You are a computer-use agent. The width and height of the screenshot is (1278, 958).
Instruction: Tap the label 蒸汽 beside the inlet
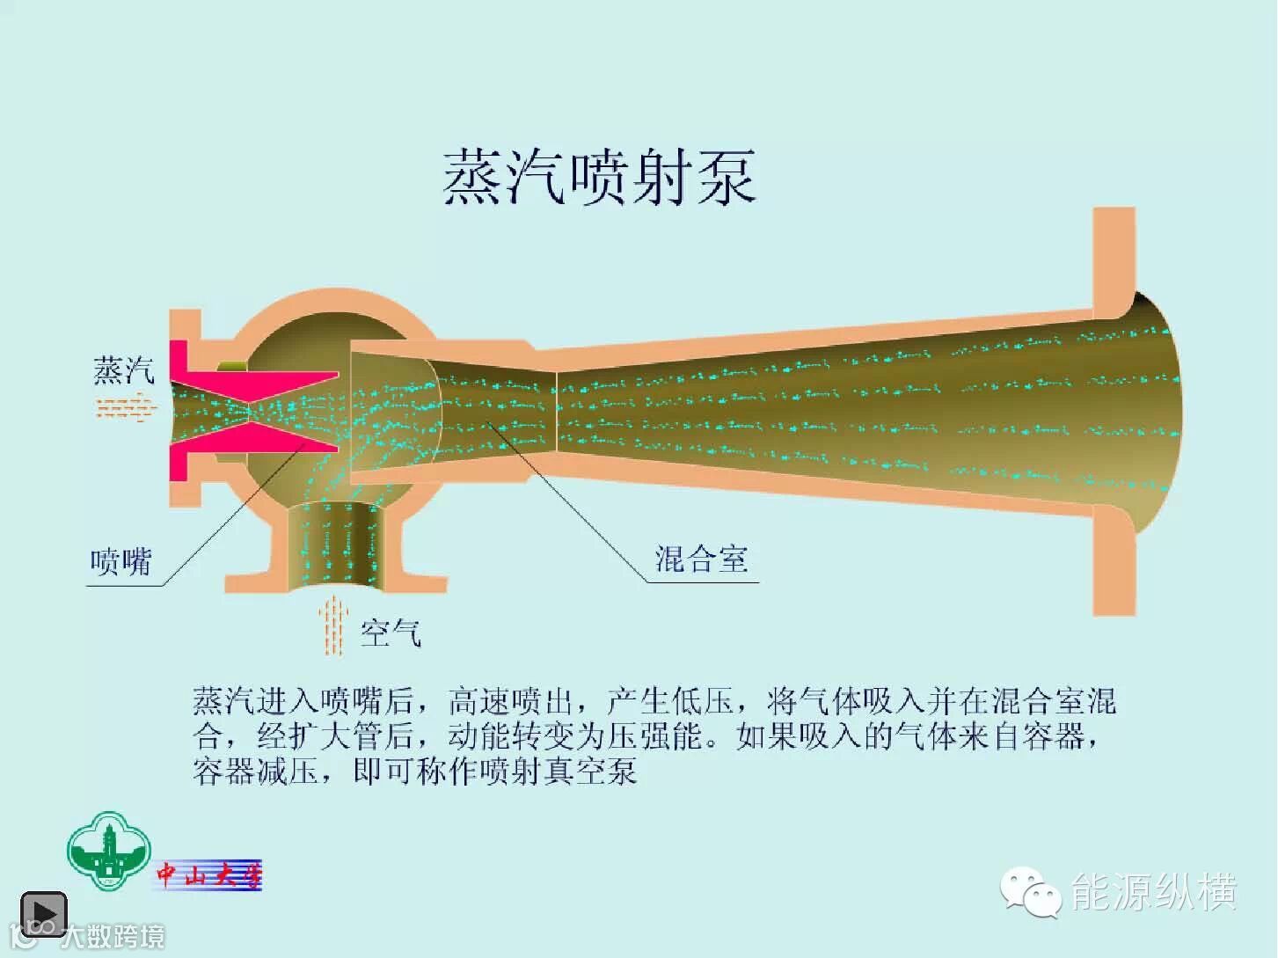pyautogui.click(x=123, y=370)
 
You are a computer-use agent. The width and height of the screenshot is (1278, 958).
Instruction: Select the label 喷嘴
pyautogui.click(x=121, y=560)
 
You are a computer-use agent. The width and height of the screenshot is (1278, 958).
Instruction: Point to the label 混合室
pyautogui.click(x=701, y=559)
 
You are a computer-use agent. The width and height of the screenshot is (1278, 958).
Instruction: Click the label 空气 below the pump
pyautogui.click(x=391, y=633)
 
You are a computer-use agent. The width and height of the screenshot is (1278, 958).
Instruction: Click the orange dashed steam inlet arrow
pyautogui.click(x=126, y=408)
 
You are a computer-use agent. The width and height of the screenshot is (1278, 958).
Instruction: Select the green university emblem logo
pyautogui.click(x=108, y=849)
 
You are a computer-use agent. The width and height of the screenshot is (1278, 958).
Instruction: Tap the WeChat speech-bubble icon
pyautogui.click(x=1031, y=891)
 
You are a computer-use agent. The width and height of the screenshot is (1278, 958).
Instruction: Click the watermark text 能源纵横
pyautogui.click(x=1154, y=892)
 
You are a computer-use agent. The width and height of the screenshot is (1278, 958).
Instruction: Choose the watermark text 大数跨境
pyautogui.click(x=112, y=936)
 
